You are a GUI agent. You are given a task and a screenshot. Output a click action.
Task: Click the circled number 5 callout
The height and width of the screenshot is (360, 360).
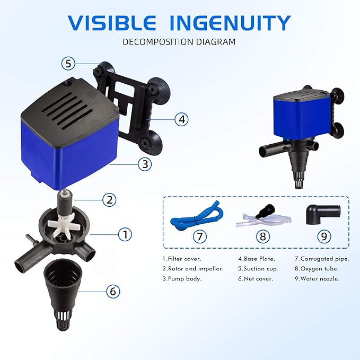point(67,64)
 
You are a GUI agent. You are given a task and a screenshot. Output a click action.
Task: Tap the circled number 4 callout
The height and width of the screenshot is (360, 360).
point(181,119)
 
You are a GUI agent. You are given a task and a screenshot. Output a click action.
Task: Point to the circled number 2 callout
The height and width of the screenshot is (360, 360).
point(109,199)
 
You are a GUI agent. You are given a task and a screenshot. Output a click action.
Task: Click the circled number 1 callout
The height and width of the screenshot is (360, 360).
point(125,233)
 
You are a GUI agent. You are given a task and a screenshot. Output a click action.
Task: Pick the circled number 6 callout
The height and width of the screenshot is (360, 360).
point(112,291)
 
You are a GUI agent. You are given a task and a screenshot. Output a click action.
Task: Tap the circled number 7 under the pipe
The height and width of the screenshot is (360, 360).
point(199,236)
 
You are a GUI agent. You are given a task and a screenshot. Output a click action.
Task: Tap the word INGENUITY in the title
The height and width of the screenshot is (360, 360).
point(230,23)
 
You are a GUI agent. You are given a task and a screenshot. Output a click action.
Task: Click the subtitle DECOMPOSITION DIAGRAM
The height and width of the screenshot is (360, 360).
point(179,41)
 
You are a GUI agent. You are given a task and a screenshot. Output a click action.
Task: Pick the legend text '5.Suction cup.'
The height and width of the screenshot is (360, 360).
point(258,269)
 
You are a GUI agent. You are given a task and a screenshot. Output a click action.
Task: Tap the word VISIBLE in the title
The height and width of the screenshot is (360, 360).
point(112,23)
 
